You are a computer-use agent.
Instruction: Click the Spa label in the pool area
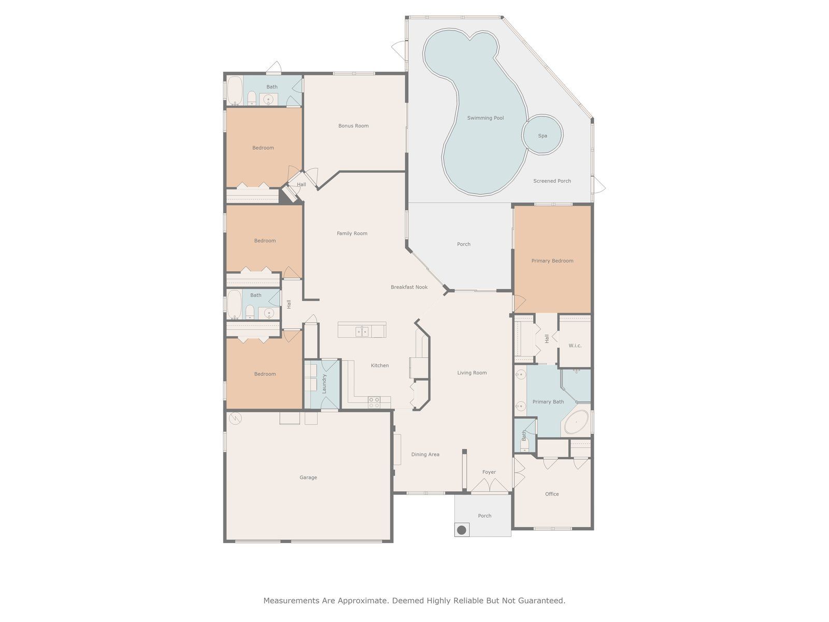[542, 136]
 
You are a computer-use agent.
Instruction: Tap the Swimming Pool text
[485, 118]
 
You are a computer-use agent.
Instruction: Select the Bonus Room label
[353, 126]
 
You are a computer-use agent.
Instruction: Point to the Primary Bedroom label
[552, 261]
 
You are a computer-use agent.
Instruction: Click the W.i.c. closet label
[575, 346]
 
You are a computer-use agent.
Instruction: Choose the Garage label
[308, 477]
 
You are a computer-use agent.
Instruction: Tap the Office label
[552, 494]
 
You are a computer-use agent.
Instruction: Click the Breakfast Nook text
[409, 287]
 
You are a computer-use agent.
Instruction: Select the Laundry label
[324, 384]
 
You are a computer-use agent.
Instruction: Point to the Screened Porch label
[552, 181]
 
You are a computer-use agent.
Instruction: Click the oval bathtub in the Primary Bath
[576, 422]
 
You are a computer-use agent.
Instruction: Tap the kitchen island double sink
[362, 332]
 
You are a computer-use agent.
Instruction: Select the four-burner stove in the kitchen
[374, 402]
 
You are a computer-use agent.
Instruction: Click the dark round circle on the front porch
[462, 530]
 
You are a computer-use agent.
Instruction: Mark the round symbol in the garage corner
[235, 418]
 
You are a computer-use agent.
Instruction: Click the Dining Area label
[425, 455]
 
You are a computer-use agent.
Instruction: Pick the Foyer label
[489, 472]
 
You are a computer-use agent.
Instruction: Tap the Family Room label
[352, 233]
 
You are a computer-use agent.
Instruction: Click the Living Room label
[471, 373]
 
